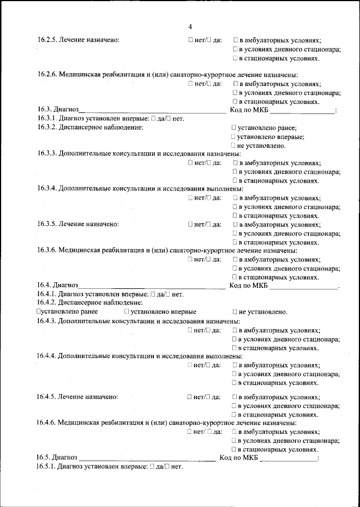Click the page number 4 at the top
click(x=190, y=27)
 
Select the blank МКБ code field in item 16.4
click(x=303, y=286)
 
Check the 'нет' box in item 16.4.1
click(x=168, y=294)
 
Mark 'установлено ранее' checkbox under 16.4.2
click(x=38, y=311)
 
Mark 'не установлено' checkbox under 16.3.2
click(x=233, y=145)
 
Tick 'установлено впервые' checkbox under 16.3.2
click(x=233, y=136)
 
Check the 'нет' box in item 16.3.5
click(x=191, y=224)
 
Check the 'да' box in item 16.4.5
click(x=209, y=397)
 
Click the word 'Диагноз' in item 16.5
click(x=65, y=458)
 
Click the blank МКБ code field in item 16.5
click(x=289, y=458)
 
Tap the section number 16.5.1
click(x=47, y=467)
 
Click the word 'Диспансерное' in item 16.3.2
click(x=81, y=128)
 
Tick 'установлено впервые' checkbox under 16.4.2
click(x=127, y=311)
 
